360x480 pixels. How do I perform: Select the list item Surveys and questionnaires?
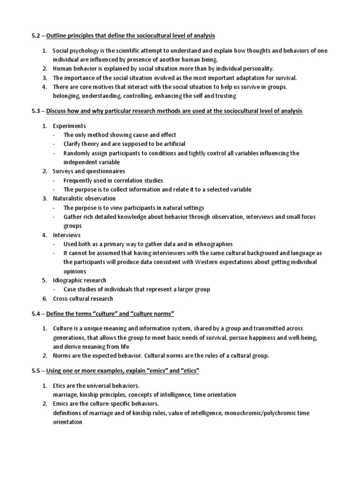click(88, 171)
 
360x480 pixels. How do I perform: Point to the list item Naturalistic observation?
click(84, 198)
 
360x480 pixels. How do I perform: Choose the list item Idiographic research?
click(79, 280)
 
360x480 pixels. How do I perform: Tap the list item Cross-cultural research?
click(82, 299)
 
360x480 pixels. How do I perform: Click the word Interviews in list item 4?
click(67, 235)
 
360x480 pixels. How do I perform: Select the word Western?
click(216, 262)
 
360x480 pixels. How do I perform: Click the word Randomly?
click(77, 153)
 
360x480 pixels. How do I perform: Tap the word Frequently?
click(80, 180)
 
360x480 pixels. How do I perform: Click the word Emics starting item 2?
click(61, 404)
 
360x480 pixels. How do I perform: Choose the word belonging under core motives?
click(66, 96)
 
